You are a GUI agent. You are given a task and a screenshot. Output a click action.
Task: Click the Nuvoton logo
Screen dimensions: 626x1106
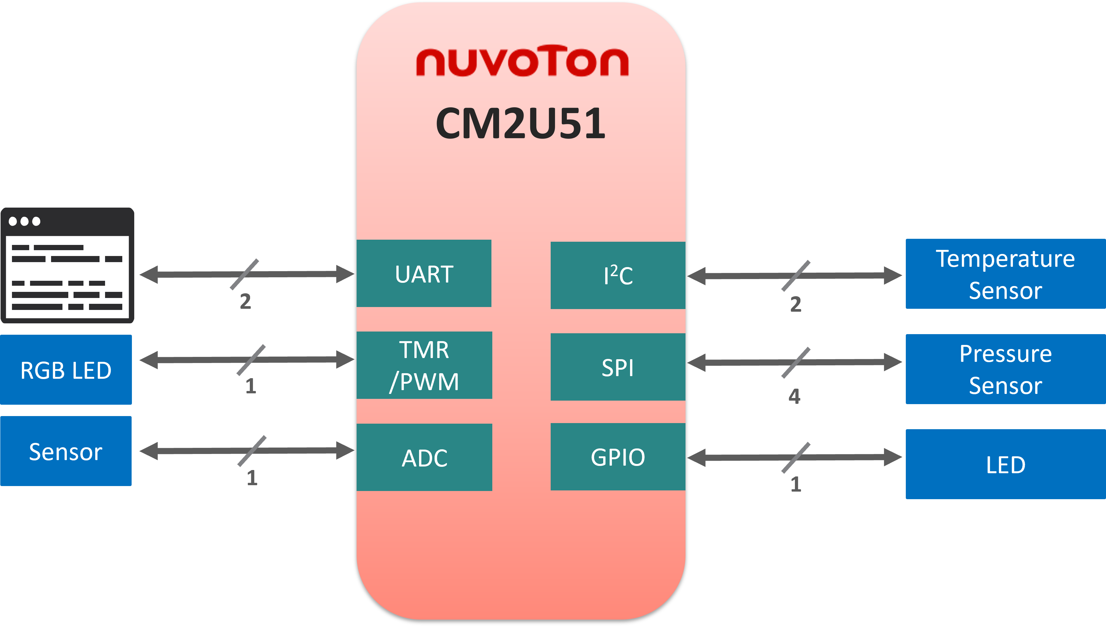(x=522, y=62)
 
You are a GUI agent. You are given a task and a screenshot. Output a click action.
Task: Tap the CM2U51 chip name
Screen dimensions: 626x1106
(x=521, y=123)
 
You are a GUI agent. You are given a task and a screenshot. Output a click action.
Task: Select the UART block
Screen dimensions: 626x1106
(x=424, y=273)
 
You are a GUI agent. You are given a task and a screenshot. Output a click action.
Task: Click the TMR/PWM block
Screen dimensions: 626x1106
(x=424, y=365)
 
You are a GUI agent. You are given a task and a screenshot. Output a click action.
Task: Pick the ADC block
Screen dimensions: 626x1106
(x=424, y=457)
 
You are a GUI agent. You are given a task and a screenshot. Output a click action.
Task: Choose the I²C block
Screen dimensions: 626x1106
(x=618, y=276)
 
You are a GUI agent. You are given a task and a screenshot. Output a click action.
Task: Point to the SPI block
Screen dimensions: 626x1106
(x=618, y=367)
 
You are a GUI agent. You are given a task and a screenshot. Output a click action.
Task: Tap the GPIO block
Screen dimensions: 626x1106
(x=618, y=457)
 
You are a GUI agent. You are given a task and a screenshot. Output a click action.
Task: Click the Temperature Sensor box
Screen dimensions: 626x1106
(x=1005, y=274)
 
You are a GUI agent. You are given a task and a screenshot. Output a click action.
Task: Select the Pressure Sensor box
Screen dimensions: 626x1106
(x=1005, y=369)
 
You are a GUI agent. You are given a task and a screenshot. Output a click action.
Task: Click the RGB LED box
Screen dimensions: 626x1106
(x=66, y=370)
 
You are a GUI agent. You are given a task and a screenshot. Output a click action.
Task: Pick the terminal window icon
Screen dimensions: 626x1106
(x=67, y=265)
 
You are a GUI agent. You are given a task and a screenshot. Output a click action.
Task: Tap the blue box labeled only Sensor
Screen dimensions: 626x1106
(x=66, y=451)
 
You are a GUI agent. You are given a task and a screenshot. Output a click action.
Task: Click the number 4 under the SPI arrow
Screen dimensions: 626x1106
(x=794, y=396)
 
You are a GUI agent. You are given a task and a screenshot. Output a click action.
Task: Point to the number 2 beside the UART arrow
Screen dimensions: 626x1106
(x=245, y=301)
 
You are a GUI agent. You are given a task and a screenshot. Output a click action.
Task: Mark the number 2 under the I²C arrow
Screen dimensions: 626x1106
(x=796, y=304)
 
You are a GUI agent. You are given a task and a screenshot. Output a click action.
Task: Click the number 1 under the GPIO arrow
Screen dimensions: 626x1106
(x=796, y=484)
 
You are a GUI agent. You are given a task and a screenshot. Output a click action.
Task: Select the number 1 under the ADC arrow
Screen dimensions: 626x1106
(x=252, y=478)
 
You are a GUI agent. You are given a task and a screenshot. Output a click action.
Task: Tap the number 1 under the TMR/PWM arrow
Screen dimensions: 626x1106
(x=251, y=386)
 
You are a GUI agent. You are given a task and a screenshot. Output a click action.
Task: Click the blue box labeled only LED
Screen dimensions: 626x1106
(x=1005, y=464)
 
